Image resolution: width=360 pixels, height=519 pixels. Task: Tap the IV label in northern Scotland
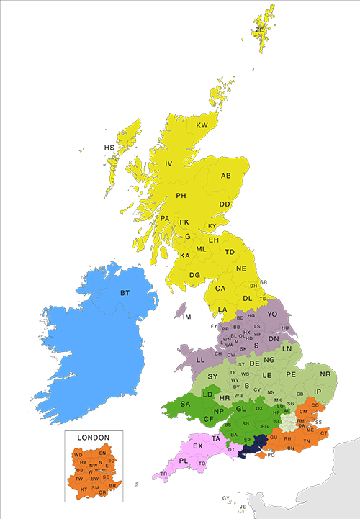tap(169, 164)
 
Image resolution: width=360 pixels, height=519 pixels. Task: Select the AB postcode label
tap(225, 176)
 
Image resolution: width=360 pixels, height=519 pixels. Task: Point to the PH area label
tap(181, 196)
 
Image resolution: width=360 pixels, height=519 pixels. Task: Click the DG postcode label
tap(194, 274)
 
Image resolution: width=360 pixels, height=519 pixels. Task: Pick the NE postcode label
tap(241, 268)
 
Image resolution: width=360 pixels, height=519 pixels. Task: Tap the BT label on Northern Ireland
tap(125, 293)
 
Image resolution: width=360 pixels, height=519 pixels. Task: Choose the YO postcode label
tap(272, 315)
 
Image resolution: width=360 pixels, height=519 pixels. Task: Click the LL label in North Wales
tap(201, 358)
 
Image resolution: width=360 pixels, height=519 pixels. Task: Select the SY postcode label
tap(212, 376)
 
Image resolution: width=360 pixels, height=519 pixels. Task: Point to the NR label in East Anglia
tap(325, 374)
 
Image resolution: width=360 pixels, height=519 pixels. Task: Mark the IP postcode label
tap(317, 392)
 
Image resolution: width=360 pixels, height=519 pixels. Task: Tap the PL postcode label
tap(183, 461)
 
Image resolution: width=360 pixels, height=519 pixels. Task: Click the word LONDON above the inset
tap(93, 437)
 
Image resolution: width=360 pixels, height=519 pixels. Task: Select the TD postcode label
tap(230, 252)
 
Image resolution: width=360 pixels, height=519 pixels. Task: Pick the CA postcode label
tap(220, 289)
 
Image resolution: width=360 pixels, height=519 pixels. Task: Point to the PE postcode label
tap(291, 375)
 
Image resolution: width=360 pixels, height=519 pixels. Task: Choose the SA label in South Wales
tap(185, 405)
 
